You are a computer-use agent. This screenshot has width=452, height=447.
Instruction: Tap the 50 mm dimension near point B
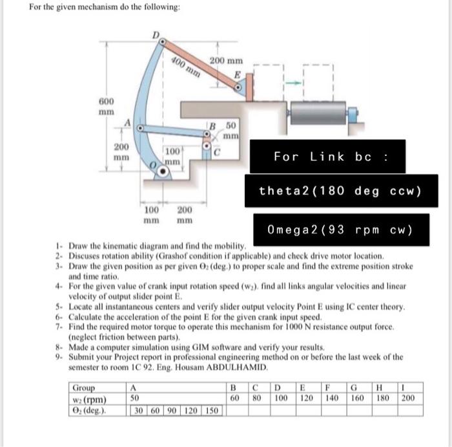click(231, 131)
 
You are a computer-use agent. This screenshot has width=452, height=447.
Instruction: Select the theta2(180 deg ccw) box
click(339, 191)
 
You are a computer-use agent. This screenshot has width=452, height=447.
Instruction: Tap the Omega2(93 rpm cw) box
click(339, 230)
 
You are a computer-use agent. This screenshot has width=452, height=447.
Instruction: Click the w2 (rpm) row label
click(89, 398)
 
